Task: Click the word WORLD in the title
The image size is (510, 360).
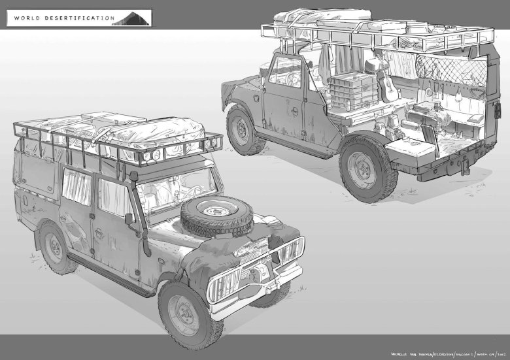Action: click(x=27, y=18)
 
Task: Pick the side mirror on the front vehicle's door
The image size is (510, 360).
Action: click(x=130, y=218)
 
